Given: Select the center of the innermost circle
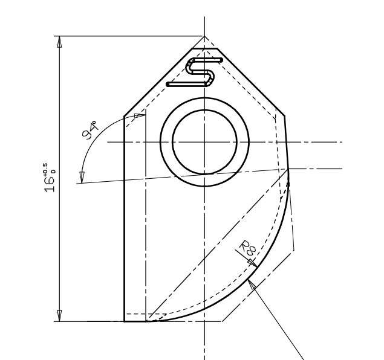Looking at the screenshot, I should pos(204,142).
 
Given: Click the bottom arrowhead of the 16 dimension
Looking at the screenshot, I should pos(59,316).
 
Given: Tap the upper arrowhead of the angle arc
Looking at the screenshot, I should pos(140,114).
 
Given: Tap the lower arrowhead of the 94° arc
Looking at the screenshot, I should pos(82,177).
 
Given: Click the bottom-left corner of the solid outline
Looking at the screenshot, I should pos(125,321).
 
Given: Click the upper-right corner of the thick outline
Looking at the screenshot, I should pos(284,114).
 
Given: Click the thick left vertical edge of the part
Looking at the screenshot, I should pos(124,217).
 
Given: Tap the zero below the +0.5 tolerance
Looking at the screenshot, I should pos(54,171).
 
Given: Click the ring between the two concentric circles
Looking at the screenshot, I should pos(166,142).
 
